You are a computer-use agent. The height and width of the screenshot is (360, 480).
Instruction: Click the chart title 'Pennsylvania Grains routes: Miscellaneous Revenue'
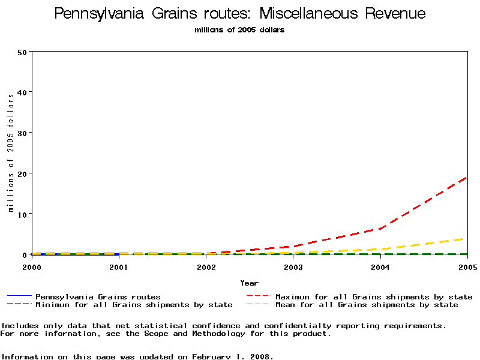240,14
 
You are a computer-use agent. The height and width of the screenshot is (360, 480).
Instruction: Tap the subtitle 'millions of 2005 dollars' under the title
239,30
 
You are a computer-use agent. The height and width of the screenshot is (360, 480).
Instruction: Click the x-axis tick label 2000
32,266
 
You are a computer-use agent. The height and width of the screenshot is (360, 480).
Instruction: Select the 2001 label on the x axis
119,266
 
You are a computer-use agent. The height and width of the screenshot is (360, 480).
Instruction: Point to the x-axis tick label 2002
206,266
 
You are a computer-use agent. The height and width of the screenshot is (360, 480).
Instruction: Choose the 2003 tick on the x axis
293,266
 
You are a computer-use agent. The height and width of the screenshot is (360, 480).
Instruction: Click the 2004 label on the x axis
380,266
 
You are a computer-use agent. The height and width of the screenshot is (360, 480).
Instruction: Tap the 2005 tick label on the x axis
467,266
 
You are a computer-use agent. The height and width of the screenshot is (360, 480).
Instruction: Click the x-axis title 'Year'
249,283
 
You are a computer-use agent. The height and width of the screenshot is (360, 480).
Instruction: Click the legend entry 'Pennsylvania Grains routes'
98,297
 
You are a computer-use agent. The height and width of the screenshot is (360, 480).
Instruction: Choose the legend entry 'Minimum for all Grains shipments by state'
134,305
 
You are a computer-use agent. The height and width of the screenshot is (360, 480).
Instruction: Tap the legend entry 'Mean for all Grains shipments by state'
367,305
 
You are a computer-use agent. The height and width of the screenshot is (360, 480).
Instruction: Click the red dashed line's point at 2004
380,228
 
